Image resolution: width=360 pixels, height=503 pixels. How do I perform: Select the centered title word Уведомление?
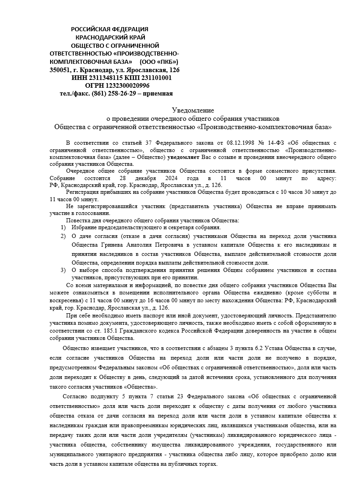pyautogui.click(x=193, y=110)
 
